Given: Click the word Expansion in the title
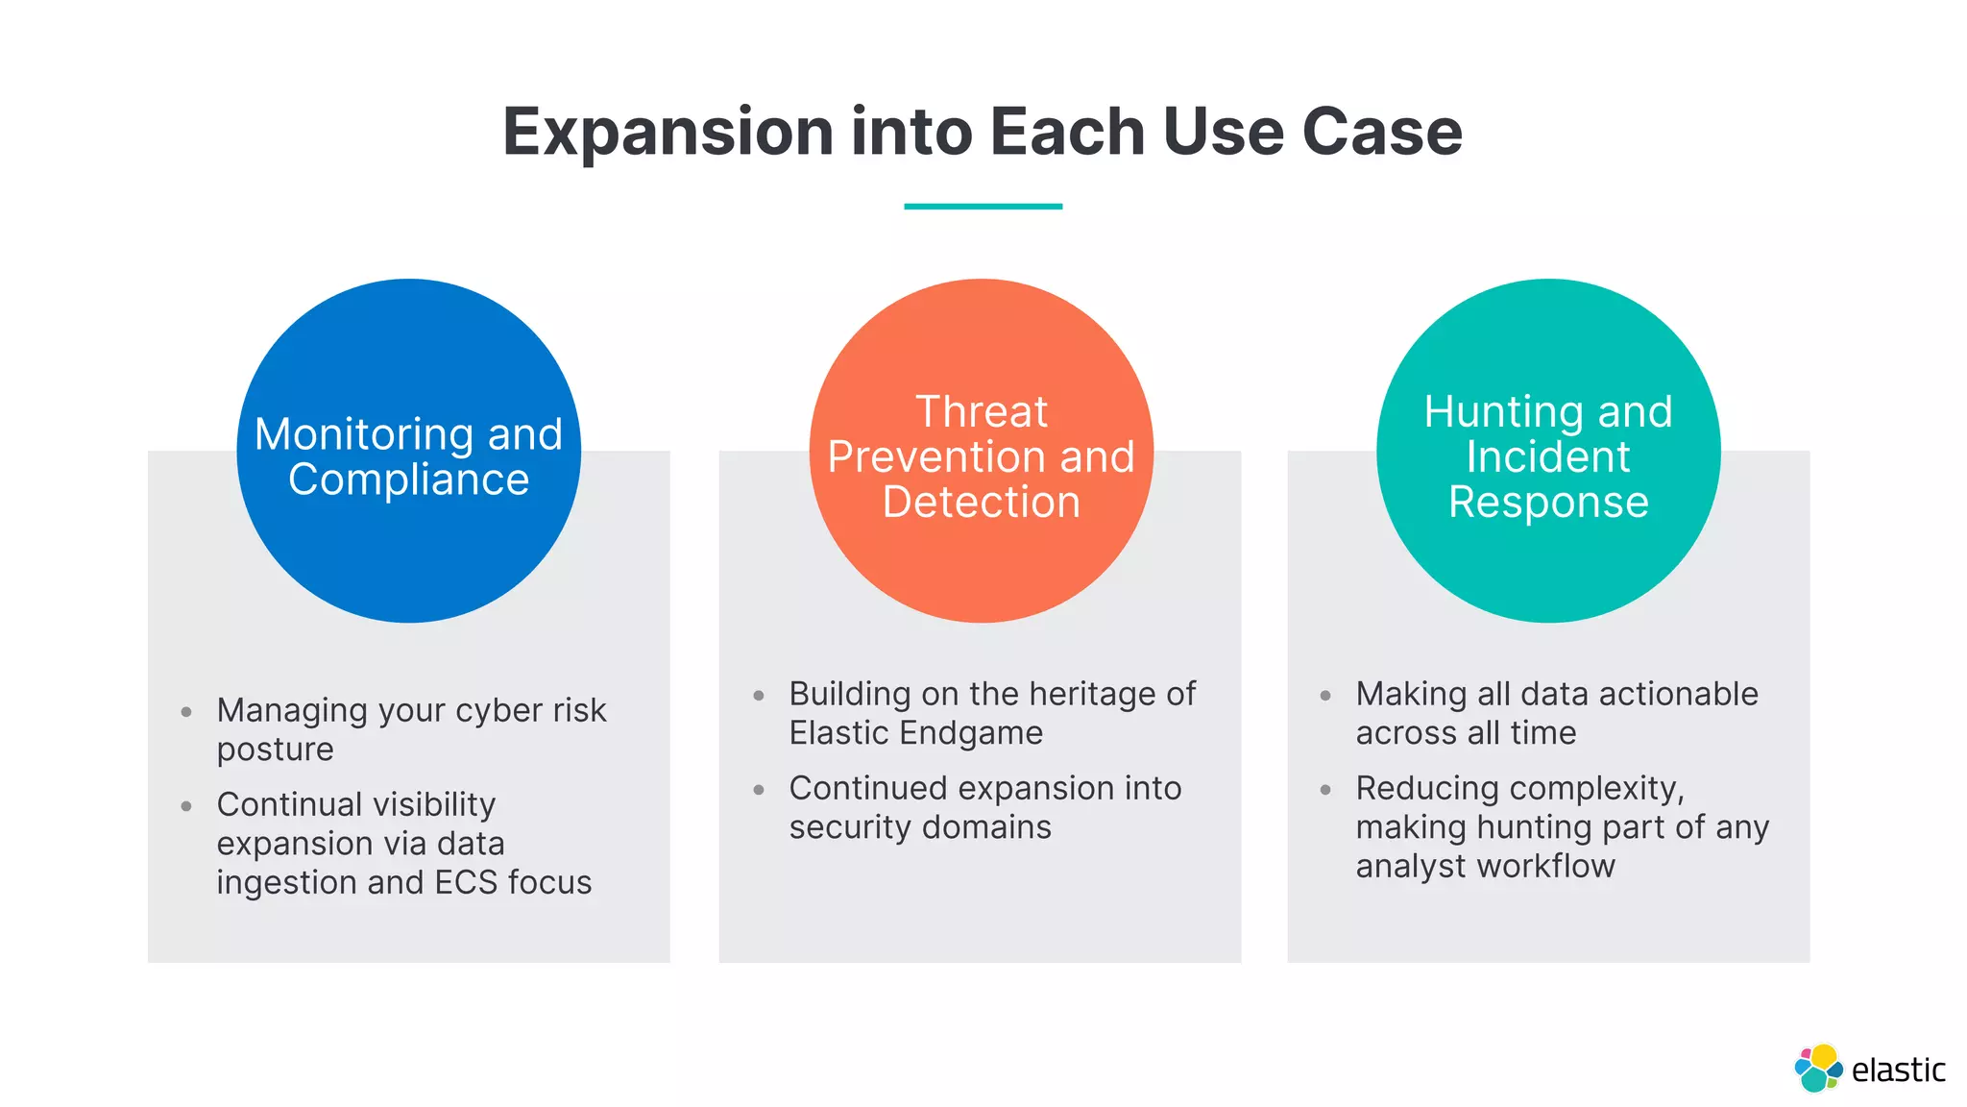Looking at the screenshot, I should point(668,132).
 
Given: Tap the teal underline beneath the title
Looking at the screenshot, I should point(983,206).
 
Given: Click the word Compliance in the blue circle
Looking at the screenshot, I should point(408,480).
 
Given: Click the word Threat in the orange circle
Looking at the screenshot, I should point(981,412).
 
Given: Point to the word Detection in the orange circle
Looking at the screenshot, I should point(981,503).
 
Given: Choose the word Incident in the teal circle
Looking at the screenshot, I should point(1547,457).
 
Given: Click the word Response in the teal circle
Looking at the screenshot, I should point(1547,503).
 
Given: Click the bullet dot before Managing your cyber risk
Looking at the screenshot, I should point(186,712).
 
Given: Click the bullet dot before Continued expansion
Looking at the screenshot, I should point(759,790).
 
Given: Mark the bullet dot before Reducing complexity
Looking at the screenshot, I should point(1325,790).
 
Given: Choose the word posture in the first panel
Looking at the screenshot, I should point(275,750).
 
